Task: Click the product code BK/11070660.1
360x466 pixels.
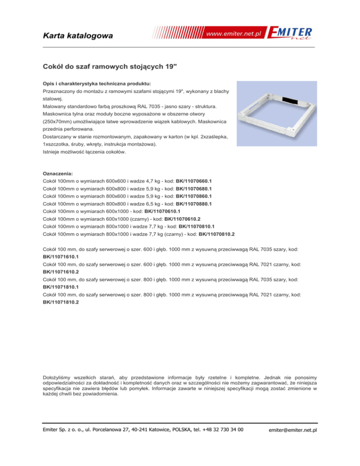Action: coord(194,180)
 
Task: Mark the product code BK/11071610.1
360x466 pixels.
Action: coord(60,257)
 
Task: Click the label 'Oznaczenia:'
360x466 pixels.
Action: coord(58,173)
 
